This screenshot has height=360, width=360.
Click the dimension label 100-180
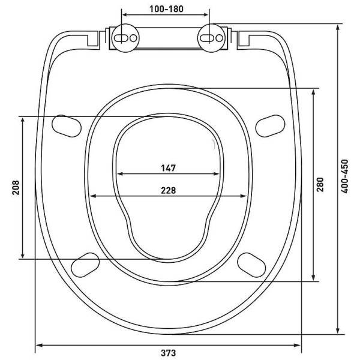166,9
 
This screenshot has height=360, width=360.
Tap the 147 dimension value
168,168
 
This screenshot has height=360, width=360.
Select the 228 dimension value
168,190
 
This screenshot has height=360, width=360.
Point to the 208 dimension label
16,188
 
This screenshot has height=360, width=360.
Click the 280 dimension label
320,184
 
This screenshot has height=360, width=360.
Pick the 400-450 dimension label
344,176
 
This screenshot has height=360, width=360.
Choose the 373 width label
168,353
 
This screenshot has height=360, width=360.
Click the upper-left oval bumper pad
67,126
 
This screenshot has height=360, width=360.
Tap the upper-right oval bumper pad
270,126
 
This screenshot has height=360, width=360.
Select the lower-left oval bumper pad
85,265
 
